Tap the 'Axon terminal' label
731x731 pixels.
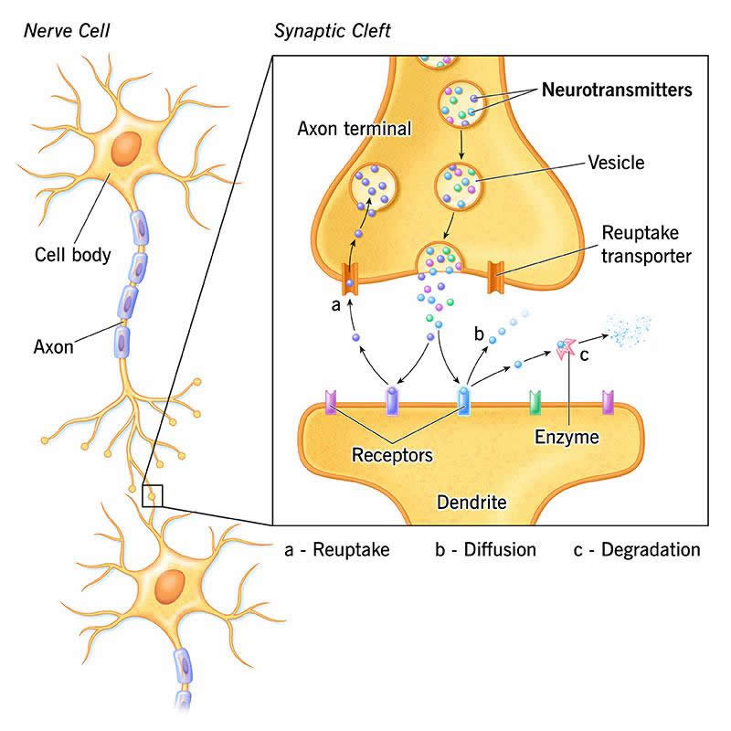[355, 130]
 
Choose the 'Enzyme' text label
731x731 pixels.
[567, 438]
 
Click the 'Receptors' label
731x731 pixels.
[393, 452]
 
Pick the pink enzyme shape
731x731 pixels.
[567, 346]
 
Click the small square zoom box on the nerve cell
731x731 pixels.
[153, 494]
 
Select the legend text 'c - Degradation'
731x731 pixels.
[637, 549]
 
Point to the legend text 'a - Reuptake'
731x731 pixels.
[338, 549]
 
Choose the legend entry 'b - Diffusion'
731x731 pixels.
[485, 549]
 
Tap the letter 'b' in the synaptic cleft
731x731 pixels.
[478, 332]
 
